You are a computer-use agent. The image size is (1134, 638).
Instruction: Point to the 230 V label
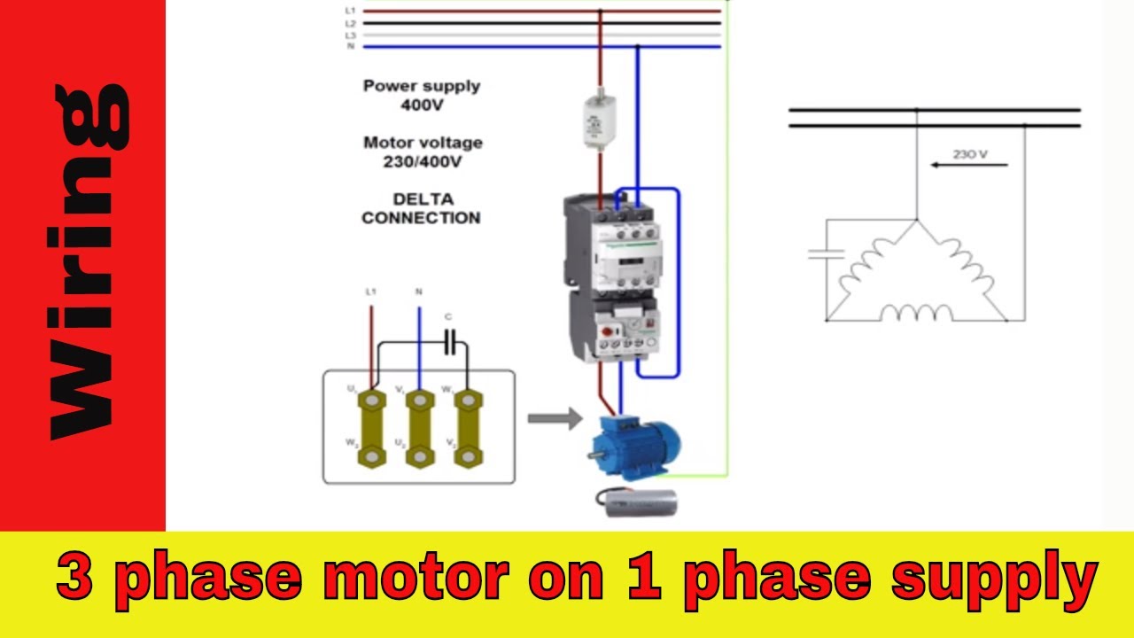click(970, 154)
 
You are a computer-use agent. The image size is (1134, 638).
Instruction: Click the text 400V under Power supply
click(422, 105)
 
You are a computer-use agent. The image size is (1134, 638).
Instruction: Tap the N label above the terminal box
click(419, 291)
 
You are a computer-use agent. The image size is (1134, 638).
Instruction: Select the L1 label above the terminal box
click(371, 291)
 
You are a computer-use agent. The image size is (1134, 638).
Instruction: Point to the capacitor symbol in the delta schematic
click(826, 254)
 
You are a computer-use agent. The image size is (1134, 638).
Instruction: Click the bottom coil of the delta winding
click(915, 313)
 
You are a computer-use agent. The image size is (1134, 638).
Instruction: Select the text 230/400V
click(422, 161)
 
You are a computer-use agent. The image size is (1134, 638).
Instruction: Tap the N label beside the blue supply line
click(351, 46)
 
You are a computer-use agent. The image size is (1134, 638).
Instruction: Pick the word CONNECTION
click(422, 218)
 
